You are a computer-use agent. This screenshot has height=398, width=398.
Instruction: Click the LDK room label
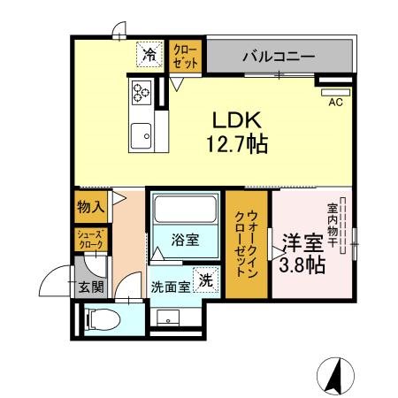pos(237,120)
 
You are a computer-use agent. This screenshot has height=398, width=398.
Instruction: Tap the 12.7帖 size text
pos(237,144)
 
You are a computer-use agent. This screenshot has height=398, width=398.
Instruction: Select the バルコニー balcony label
pos(279,56)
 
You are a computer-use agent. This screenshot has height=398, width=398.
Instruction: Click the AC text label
pos(336,103)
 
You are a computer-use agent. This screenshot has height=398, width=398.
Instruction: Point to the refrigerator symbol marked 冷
pos(149,55)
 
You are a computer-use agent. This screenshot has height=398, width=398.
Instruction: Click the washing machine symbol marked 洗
pos(206,279)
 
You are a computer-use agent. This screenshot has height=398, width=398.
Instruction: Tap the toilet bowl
pos(103,320)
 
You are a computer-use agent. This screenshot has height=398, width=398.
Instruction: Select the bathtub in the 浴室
pos(186,210)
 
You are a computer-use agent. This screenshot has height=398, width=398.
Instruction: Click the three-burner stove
pos(142,92)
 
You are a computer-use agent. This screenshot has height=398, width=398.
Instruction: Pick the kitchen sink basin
pos(142,136)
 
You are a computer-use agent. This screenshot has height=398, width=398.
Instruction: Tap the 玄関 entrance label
pos(91,287)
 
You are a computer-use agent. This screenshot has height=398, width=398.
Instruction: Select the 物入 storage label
pos(91,207)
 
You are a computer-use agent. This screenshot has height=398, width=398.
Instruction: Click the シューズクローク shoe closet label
pos(90,240)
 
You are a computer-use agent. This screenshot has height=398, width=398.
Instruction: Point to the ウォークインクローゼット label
pos(247,243)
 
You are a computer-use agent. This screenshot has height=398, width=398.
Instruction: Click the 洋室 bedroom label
pos(303,243)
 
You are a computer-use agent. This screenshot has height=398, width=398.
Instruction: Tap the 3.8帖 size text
pos(302,265)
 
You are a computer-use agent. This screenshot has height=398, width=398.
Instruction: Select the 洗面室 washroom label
pos(171,287)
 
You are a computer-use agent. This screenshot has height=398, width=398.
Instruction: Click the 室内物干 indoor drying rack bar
pos(342,226)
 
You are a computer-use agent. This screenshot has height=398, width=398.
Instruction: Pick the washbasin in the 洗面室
pos(168,318)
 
